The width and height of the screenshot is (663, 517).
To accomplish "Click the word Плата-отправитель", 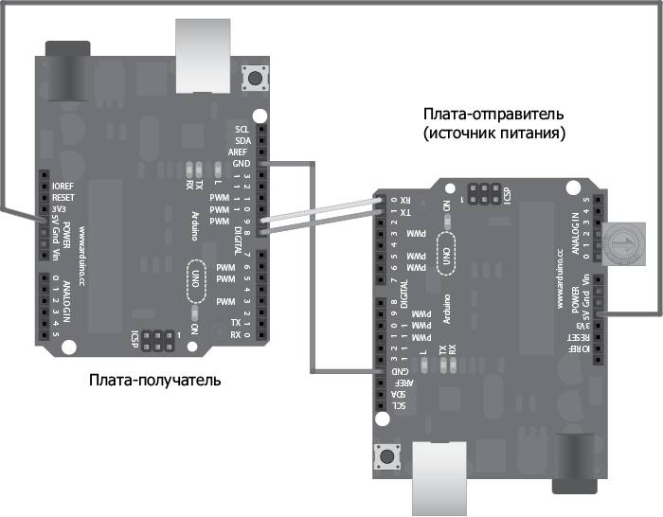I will tap(494, 115).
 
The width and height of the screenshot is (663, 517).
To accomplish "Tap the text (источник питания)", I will tap(494, 134).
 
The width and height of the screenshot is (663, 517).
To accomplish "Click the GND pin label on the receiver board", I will tap(242, 163).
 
